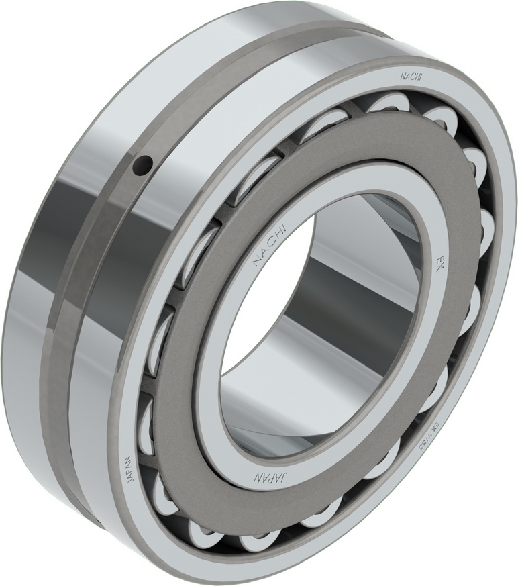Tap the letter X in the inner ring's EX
click(x=442, y=266)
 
